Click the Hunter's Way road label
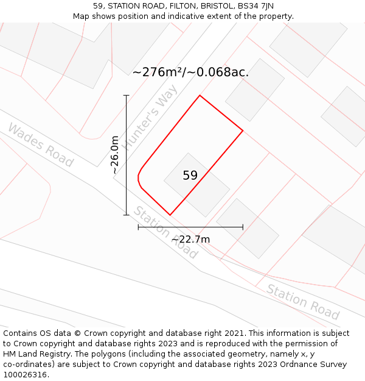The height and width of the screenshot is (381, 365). click(150, 117)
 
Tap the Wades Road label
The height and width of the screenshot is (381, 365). click(40, 145)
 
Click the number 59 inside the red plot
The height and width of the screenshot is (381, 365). click(190, 176)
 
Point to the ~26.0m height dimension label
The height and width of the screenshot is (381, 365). click(115, 155)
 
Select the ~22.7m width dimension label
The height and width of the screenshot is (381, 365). click(190, 239)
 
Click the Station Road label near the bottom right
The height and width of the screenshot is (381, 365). click(303, 302)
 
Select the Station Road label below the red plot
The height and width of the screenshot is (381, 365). click(165, 232)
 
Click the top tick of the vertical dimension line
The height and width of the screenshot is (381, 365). click(127, 96)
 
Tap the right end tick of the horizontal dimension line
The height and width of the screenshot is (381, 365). click(243, 227)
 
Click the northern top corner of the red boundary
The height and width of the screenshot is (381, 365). click(200, 96)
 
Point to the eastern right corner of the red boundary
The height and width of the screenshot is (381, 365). click(243, 130)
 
